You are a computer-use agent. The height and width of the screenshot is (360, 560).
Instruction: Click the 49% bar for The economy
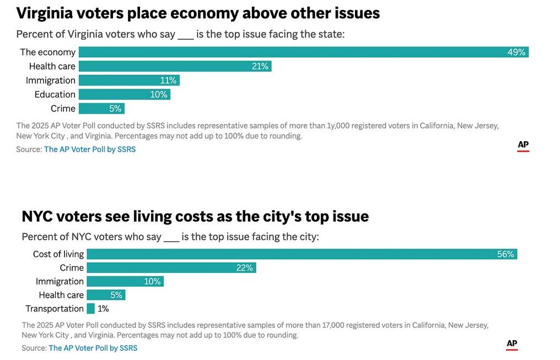303,52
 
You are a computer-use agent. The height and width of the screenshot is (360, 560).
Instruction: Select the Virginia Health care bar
175,66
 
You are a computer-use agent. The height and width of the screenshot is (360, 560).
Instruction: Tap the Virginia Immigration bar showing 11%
129,80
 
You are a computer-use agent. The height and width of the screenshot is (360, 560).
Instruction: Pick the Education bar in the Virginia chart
124,94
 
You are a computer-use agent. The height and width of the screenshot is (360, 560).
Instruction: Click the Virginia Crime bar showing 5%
101,109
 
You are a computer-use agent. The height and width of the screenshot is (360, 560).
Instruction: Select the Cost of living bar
301,254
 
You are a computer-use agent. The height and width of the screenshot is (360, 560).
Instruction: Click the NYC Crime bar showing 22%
171,268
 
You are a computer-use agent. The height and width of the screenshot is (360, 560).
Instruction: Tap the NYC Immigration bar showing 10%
125,281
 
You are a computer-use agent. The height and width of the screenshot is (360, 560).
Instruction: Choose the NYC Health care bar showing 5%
106,295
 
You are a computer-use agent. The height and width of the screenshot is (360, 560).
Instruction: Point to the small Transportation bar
90,309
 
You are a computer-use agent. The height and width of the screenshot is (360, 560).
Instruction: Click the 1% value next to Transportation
103,309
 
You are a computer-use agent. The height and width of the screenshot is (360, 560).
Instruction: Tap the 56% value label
505,254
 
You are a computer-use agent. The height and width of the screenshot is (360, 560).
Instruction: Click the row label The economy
48,52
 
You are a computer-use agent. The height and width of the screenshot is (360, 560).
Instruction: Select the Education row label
55,94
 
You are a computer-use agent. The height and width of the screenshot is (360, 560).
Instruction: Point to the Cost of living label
58,254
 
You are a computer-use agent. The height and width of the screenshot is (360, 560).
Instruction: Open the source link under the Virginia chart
90,149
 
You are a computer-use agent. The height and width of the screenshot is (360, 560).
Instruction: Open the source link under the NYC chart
93,348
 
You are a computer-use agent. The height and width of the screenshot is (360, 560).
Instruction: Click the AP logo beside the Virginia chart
523,146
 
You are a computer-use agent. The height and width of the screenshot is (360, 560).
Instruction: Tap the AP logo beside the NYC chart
512,345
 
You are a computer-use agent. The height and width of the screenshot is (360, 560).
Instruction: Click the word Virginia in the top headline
46,13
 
